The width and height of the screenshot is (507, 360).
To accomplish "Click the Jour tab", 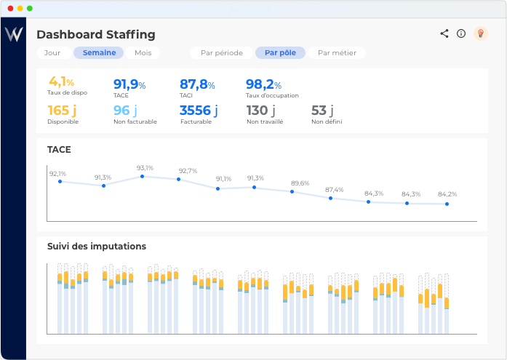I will coord(52,53).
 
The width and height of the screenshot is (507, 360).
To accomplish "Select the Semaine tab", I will coord(99,53).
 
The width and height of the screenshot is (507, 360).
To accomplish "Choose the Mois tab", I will coord(143,53).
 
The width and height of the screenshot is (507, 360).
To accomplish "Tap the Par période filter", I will coord(222,53).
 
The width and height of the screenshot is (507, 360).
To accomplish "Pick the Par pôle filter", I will coord(280,53).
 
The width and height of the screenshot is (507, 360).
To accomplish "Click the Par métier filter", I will coord(336,53).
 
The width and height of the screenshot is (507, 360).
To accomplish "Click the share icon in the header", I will coord(444,33).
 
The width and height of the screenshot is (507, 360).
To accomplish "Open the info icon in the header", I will coord(461,33).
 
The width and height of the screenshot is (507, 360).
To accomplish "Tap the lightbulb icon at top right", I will coord(480,33).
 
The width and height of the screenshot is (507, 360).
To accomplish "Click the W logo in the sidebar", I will coord(14,34).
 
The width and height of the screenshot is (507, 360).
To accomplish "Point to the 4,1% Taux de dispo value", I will coord(61,82).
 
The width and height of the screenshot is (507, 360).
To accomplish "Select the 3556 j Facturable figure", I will coord(198,111).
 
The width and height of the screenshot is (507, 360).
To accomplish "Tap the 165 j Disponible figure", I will coord(62,111).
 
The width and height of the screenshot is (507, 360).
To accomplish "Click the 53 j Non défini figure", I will coord(322,111).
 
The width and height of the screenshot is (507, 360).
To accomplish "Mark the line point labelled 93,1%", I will coord(142,177).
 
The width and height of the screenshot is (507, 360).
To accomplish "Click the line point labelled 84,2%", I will coord(447,204).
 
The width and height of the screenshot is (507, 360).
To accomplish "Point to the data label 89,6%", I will coord(300,183).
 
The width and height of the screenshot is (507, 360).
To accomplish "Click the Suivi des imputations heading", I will coord(97,247).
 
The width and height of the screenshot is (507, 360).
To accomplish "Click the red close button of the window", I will coord(10,8).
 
